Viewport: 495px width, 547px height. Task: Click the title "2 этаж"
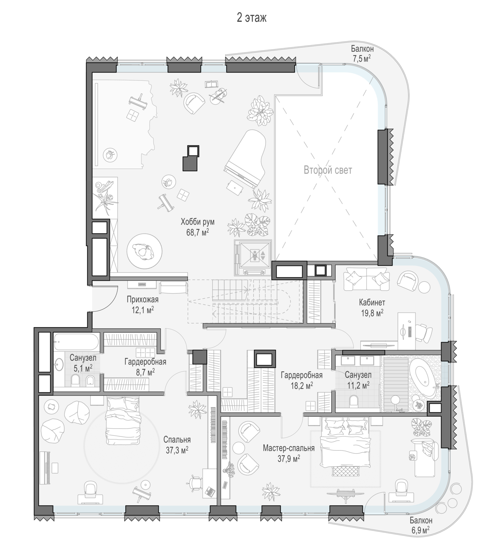[251, 18]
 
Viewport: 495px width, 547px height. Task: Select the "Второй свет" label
[328, 170]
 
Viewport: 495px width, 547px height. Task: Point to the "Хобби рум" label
[198, 222]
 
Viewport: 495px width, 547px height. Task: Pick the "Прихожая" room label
[143, 300]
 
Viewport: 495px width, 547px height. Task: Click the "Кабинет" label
[372, 302]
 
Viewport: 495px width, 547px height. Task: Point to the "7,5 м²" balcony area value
[362, 58]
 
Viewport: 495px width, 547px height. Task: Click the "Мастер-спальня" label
[289, 448]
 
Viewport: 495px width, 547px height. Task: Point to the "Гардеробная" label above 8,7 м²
[145, 362]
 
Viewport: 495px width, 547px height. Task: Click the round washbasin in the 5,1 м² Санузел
[59, 364]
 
